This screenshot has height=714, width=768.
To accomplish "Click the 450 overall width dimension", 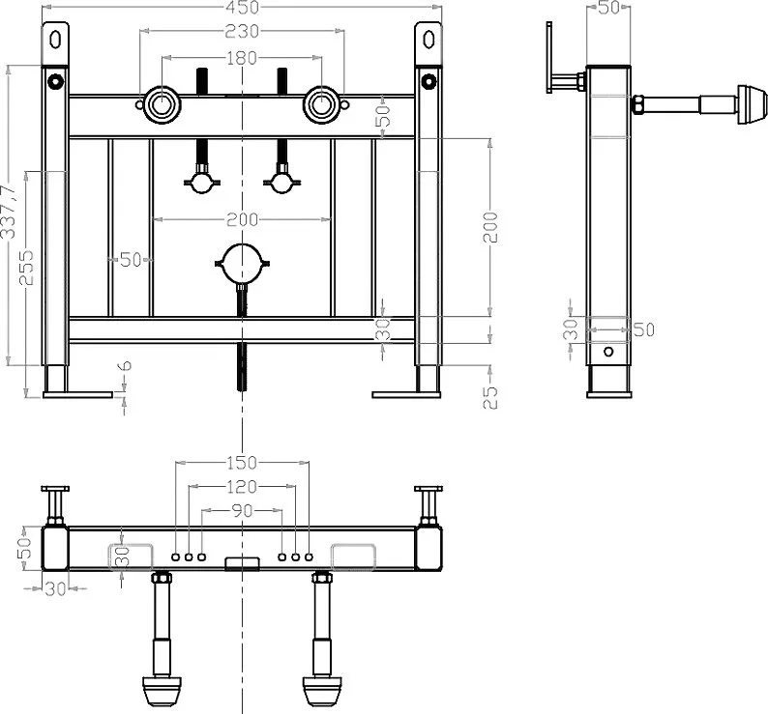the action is coord(242,7).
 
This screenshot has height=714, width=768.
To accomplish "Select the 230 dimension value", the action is coord(242,31).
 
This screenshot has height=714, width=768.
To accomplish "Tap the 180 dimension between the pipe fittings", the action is coord(242,58).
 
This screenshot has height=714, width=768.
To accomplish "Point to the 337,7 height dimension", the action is coord(9,212).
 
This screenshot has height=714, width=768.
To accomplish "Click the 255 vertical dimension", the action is coord(26,268).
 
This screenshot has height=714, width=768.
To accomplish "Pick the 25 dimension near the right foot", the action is coord(490,397).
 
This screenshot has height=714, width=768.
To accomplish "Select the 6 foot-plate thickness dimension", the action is coord(125,365).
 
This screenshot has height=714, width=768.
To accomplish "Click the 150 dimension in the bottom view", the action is coord(242,462).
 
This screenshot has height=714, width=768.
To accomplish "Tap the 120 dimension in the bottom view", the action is coord(242,486).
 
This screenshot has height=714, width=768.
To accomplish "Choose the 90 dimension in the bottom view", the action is coord(242,510).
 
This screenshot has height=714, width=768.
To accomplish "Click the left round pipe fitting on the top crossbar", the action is coord(162,104).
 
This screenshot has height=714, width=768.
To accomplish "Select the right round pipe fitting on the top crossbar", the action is coord(322,104).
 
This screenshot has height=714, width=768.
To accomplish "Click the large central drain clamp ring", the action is coord(242,244).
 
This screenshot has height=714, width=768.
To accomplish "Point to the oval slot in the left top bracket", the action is coord(55,40).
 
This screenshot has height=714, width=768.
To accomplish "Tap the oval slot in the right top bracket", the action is coord(429,40).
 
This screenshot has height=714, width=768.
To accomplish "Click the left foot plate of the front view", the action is coord(77,394).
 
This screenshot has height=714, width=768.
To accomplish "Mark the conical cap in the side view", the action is coord(752,104).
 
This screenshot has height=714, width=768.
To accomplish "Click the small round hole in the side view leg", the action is coord(608,352).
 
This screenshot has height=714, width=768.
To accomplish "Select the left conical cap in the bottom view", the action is coord(162,691).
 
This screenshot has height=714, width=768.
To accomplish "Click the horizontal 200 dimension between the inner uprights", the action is coord(242,219).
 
